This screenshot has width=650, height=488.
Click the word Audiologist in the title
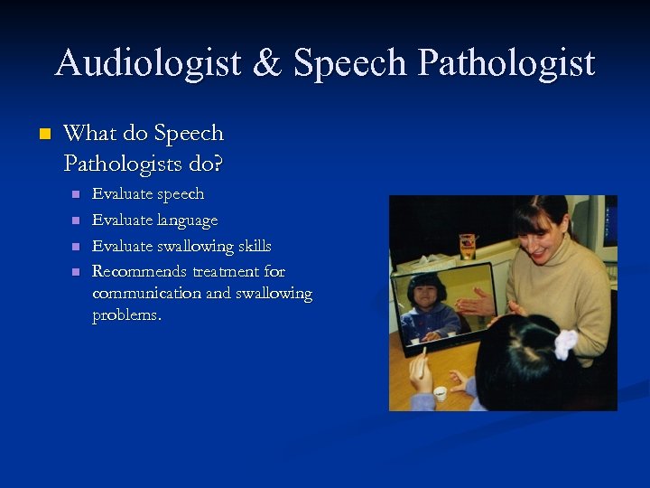tap(147, 63)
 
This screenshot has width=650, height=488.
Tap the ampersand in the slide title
tap(267, 63)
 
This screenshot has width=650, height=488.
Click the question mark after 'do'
tap(218, 164)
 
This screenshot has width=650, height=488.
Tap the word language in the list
tap(188, 221)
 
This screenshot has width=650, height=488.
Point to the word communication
tap(146, 294)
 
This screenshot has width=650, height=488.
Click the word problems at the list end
tap(126, 315)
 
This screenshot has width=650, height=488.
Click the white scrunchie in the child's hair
tap(566, 343)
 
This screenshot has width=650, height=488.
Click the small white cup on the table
tap(440, 393)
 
